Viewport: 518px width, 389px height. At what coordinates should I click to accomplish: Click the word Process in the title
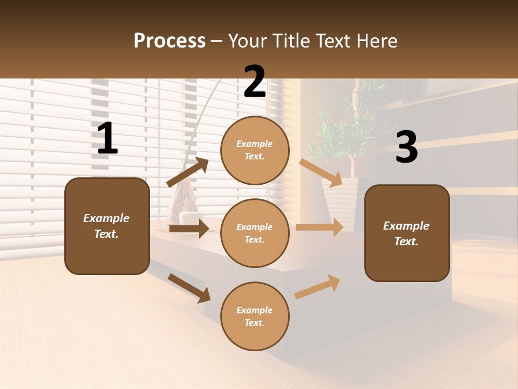(x=169, y=41)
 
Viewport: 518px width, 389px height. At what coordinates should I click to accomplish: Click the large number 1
(x=107, y=139)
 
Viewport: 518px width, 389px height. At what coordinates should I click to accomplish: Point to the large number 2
(x=255, y=82)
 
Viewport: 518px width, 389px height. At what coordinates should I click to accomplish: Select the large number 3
(x=406, y=147)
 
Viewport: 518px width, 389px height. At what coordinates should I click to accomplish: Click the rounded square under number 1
(x=107, y=226)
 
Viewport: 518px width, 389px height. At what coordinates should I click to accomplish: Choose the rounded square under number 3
(x=407, y=233)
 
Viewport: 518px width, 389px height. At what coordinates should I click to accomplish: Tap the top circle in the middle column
(x=255, y=150)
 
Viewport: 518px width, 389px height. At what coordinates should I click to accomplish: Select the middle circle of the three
(x=255, y=233)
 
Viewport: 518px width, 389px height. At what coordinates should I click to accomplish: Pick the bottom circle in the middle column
(x=255, y=316)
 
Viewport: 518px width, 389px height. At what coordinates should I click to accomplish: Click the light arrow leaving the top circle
(x=321, y=172)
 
